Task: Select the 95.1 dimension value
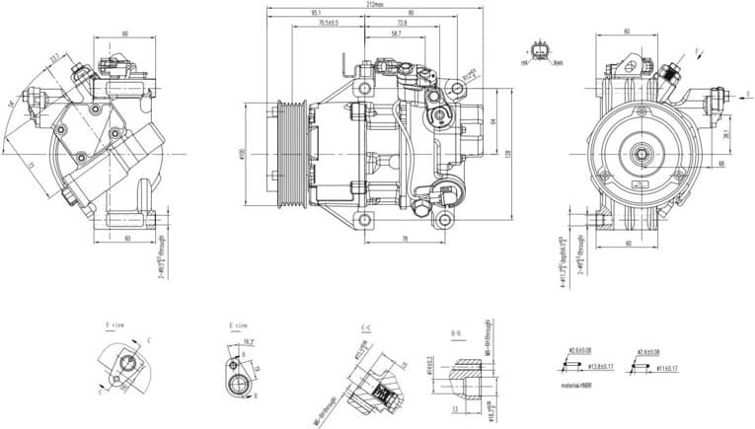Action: tap(316, 13)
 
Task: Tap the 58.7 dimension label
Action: tap(396, 34)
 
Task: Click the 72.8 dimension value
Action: tap(402, 23)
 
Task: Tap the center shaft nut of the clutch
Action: tap(642, 154)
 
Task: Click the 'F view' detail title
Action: tap(115, 323)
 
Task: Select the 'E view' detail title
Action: tap(237, 323)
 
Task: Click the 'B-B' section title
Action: tap(457, 333)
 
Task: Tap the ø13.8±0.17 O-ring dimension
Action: tap(577, 367)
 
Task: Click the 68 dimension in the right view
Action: tap(721, 162)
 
